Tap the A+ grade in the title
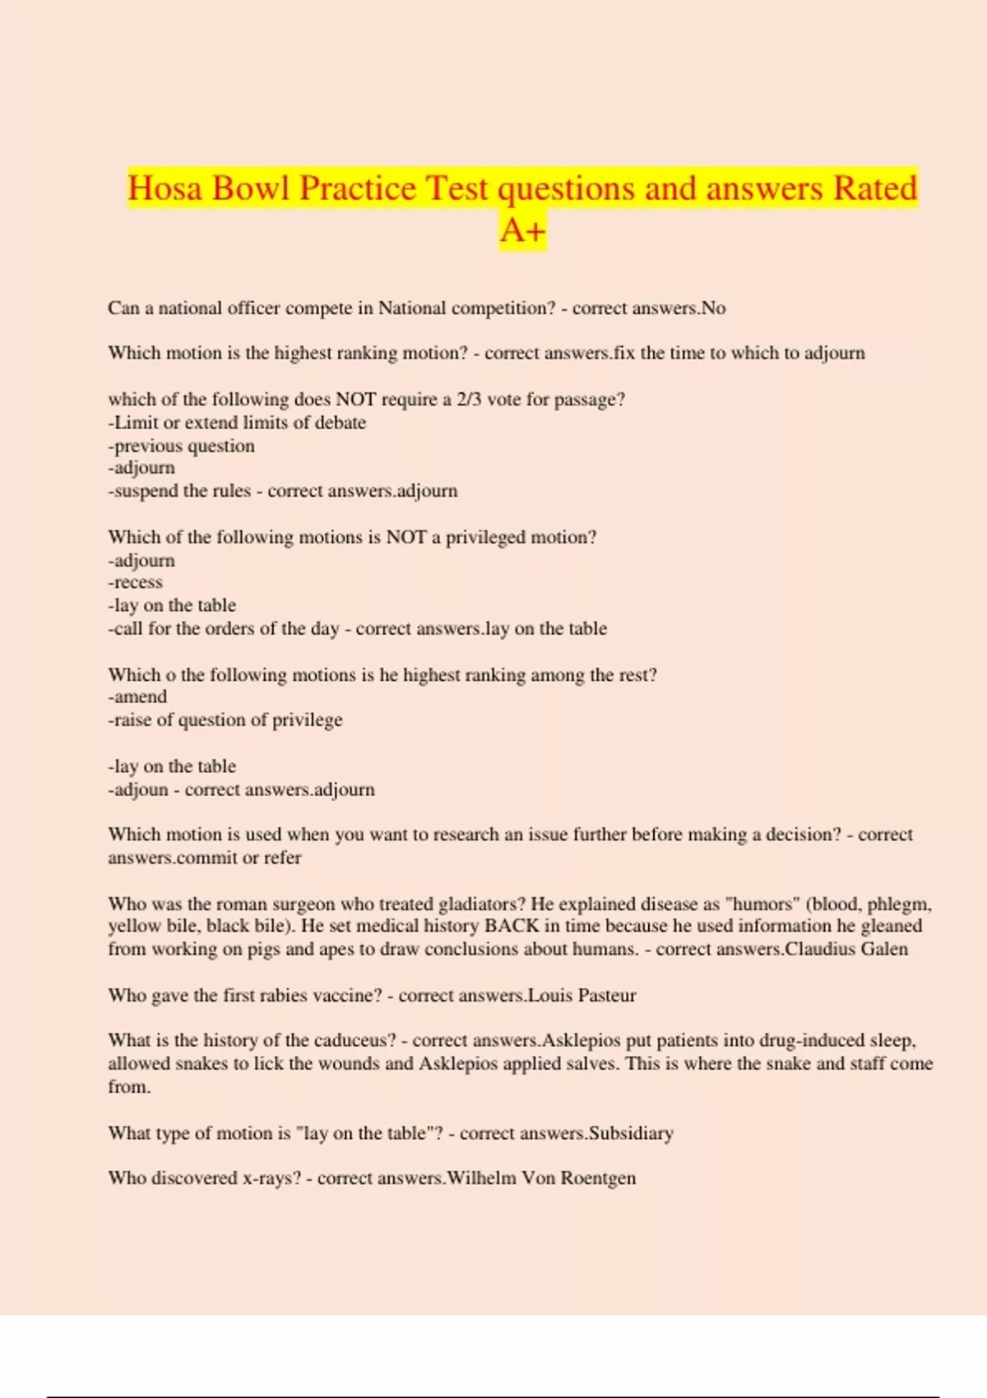coord(523,230)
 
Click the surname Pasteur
coord(607,995)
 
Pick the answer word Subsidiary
coord(631,1133)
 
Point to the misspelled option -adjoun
coord(138,789)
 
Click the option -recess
coord(136,582)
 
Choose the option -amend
coord(137,697)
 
